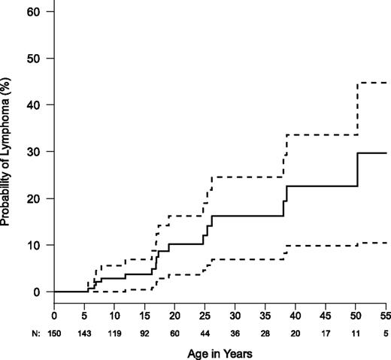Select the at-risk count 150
click(54, 328)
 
